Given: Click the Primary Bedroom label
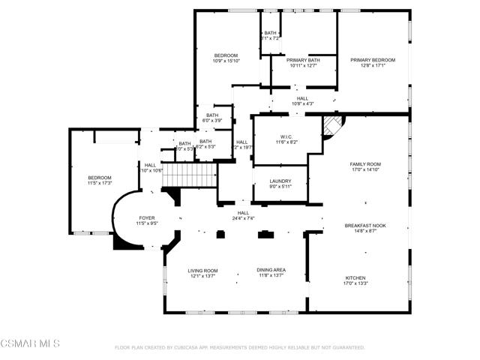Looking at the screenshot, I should pyautogui.click(x=373, y=60).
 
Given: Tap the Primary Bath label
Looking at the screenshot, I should pyautogui.click(x=303, y=60).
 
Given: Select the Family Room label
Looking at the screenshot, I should pyautogui.click(x=365, y=163).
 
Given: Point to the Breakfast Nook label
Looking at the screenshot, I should pyautogui.click(x=365, y=225).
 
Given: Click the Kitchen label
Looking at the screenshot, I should pyautogui.click(x=355, y=277).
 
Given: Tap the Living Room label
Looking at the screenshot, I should pyautogui.click(x=202, y=270).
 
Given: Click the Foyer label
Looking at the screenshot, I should pyautogui.click(x=146, y=217).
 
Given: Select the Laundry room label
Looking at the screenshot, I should pyautogui.click(x=280, y=181).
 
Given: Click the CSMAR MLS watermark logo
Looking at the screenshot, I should pyautogui.click(x=30, y=343).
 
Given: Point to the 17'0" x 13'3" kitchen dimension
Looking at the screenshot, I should pyautogui.click(x=355, y=283).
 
